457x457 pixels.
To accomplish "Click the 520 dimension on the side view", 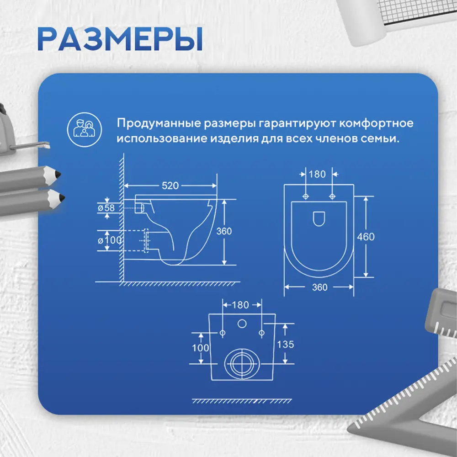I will coord(169,185).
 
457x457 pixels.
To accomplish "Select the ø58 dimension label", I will coord(106,207).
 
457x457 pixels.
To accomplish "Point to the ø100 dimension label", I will coord(106,239).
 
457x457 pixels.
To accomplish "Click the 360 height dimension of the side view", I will coord(224,231).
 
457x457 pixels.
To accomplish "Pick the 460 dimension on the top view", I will coord(366,237).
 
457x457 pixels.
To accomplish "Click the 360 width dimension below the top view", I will coord(319,287).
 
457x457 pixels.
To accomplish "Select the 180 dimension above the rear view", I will coord(241,304).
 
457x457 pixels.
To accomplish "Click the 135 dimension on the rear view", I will coord(286,345).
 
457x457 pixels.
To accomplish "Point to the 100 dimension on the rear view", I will coord(200,348).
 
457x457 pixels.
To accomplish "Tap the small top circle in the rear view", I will coord(241,324).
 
